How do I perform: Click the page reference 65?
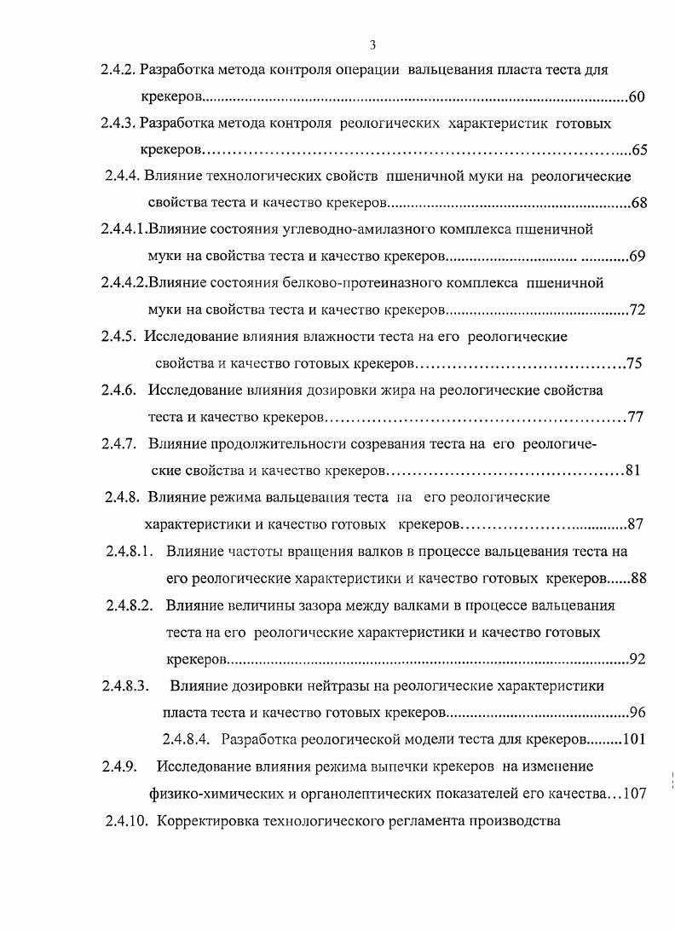coord(639,151)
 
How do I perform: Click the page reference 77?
coord(634,418)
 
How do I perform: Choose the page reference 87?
coord(634,523)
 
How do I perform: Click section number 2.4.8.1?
coord(129,552)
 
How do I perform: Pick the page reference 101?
coord(634,738)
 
